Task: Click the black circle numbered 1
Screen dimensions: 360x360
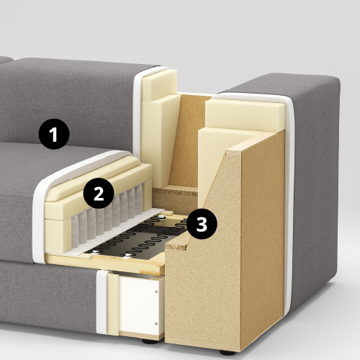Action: click(x=54, y=134)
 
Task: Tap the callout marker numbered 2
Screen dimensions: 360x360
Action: click(x=99, y=193)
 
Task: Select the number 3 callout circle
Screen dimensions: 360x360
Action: click(x=202, y=224)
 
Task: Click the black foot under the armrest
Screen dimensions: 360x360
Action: click(x=228, y=352)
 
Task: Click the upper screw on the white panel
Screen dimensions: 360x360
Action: click(x=156, y=292)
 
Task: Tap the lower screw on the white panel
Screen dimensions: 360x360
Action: click(x=156, y=324)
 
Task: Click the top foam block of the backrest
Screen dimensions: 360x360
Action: click(x=159, y=84)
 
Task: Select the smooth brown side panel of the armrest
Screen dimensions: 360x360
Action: click(x=263, y=240)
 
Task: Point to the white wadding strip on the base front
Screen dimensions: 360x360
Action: click(x=102, y=302)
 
